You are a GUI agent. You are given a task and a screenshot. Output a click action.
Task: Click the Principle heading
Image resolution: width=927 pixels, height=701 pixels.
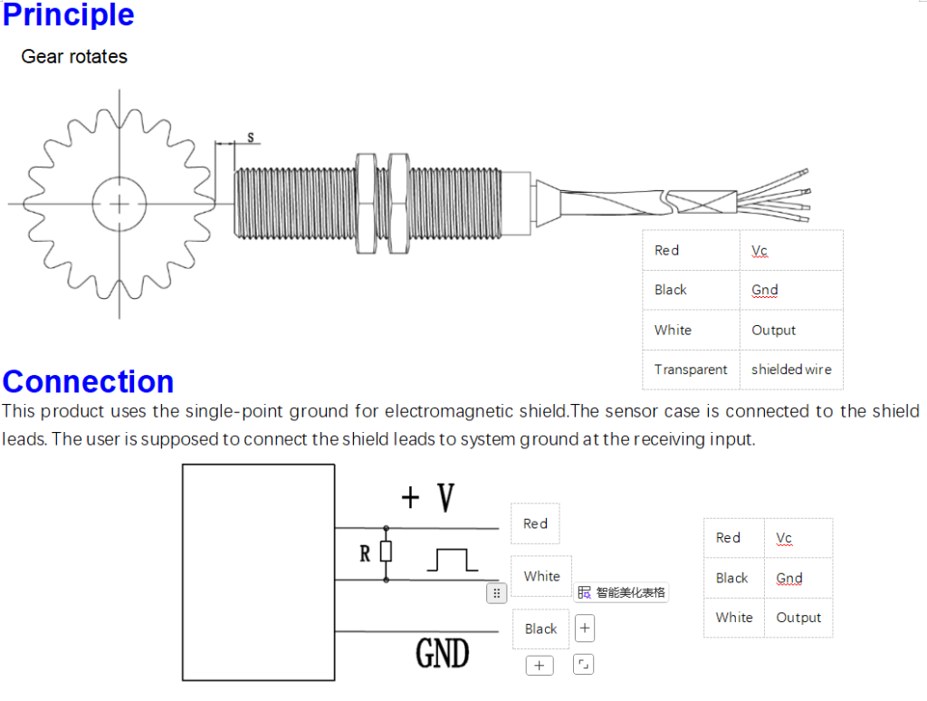[x=69, y=15]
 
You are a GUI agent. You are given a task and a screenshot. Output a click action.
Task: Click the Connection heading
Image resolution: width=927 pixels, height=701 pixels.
[x=88, y=381]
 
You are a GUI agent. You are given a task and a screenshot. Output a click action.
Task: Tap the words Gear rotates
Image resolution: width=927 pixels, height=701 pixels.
[x=74, y=56]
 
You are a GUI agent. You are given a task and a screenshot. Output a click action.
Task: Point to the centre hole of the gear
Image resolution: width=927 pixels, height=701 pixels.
[x=119, y=203]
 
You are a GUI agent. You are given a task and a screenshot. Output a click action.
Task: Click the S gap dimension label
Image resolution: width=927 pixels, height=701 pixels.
[x=250, y=138]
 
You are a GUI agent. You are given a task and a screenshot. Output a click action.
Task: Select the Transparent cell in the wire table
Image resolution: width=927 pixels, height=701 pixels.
[x=691, y=370]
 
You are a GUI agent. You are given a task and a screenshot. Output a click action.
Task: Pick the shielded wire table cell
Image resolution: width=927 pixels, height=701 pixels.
[x=791, y=370]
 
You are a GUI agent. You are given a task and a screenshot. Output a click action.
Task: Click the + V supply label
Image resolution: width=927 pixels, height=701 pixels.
[x=428, y=497]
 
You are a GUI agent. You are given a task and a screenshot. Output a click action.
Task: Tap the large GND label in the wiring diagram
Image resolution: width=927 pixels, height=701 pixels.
[x=442, y=652]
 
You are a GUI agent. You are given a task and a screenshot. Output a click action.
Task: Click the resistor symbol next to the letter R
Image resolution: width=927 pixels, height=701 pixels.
[x=387, y=552]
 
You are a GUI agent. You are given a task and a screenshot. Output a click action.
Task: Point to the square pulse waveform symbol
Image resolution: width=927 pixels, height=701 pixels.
[x=452, y=561]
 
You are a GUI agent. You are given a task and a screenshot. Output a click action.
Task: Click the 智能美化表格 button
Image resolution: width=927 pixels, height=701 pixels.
[x=623, y=592]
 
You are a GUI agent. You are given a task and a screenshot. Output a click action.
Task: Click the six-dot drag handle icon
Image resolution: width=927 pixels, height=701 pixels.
[x=496, y=593]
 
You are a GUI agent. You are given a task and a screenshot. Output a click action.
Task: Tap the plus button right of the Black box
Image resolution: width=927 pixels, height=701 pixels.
[x=585, y=628]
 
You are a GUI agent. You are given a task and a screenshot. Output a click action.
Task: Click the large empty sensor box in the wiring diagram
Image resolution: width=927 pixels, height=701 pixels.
[x=258, y=572]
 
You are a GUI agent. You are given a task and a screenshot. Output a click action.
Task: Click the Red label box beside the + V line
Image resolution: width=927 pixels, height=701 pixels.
[x=535, y=523]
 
